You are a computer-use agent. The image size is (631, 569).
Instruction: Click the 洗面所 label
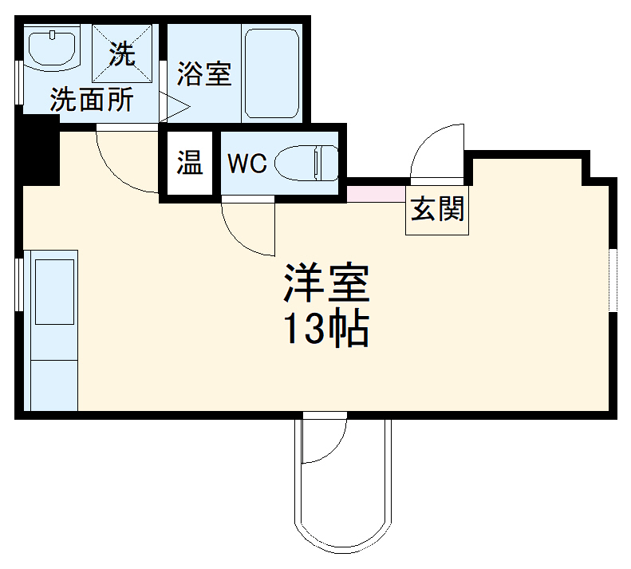coord(92,101)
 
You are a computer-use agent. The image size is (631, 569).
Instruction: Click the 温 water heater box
coord(190,163)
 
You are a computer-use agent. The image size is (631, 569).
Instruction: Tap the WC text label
coord(246,164)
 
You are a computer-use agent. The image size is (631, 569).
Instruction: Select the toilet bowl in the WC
coord(306,164)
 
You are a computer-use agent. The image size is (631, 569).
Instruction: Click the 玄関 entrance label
coord(438,211)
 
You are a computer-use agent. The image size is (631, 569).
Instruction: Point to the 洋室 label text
coord(325,284)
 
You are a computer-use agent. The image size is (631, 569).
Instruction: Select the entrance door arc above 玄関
coord(436,155)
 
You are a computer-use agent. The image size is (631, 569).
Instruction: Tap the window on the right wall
coord(613,279)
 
